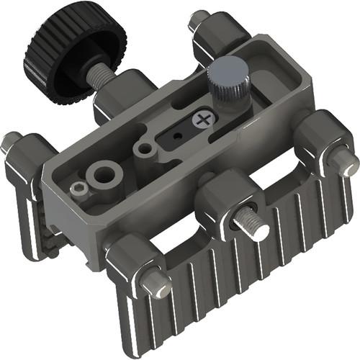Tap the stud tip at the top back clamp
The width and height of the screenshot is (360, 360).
coord(197,19)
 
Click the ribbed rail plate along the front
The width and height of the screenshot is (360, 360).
coord(238,288)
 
